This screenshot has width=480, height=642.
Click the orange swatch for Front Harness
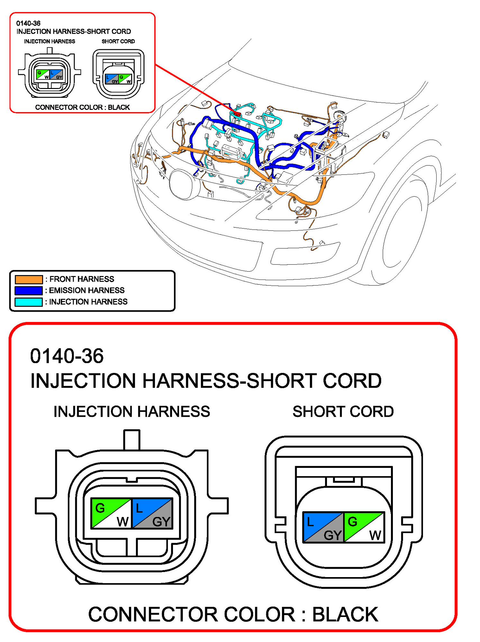pos(29,279)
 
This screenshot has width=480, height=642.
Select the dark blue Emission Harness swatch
pos(29,290)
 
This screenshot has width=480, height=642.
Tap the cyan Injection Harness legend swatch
pos(29,302)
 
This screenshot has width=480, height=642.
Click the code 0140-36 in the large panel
pos(67,356)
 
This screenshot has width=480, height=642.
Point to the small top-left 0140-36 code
pos(28,23)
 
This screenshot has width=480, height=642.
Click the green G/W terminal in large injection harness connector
pos(111,513)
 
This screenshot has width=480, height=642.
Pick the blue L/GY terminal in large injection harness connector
pos(152,513)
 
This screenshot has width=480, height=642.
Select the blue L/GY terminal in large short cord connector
pos(323,527)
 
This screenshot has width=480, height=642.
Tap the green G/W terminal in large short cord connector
pos(364,527)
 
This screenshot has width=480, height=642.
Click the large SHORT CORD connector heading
pos(343,412)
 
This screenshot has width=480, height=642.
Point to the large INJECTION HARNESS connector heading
pos(131,412)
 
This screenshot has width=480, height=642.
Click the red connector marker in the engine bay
pos(237,114)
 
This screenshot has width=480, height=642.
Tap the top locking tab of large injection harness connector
pos(132,440)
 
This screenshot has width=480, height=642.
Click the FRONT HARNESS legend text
pos(82,279)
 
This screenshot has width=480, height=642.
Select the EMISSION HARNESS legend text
pos(86,290)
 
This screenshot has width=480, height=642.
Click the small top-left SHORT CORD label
pos(118,41)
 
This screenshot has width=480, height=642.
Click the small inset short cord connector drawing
pos(118,74)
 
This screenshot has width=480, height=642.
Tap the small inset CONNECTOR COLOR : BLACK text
pos(82,107)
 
